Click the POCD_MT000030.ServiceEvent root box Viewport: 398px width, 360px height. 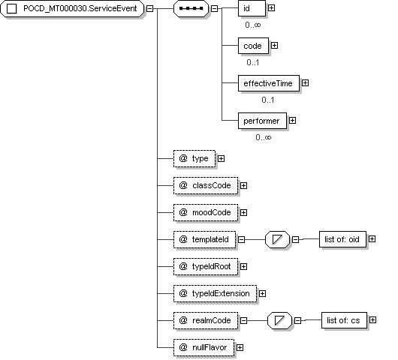coord(72,8)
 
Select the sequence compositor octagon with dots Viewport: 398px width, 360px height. coord(191,8)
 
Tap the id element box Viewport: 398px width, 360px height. coord(252,8)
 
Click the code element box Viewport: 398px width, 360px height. coord(253,46)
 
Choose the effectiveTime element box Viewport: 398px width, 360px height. coord(269,83)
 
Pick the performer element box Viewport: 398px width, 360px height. coord(263,121)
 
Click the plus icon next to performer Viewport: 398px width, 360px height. coord(292,121)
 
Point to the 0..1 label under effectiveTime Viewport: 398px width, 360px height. coord(268,100)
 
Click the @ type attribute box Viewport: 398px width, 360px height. coord(194,159)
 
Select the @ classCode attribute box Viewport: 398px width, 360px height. coord(206,185)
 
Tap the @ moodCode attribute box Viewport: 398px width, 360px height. coord(206,212)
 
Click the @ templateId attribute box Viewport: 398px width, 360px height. coord(204,239)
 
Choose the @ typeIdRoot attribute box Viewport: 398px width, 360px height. coord(206,266)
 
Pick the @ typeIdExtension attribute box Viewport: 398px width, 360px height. coord(216,293)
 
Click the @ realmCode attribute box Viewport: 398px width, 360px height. coord(206,320)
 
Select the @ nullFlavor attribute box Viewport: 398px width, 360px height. coord(204,347)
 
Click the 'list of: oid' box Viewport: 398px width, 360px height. coord(342,239)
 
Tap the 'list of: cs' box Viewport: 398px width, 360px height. coord(344,320)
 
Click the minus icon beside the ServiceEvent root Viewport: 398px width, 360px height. coord(149,8)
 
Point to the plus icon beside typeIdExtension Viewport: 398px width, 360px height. coord(263,293)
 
